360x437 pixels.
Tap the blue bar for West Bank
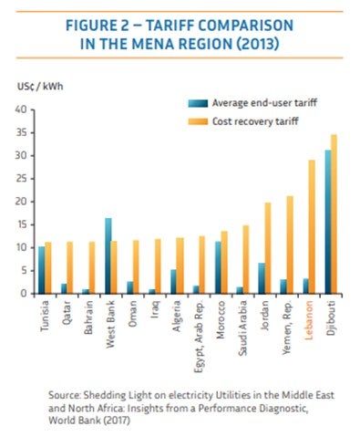(108, 255)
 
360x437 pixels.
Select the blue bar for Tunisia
(42, 270)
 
